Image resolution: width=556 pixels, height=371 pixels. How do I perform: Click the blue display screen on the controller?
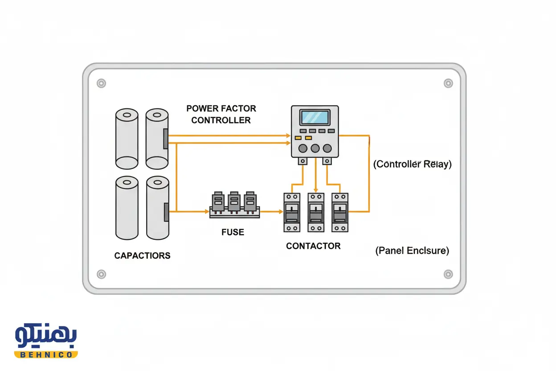point(315,117)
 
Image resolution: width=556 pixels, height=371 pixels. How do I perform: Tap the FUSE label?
point(233,232)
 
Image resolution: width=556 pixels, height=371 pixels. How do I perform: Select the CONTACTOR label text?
point(313,246)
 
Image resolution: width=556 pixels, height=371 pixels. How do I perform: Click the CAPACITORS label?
point(142,256)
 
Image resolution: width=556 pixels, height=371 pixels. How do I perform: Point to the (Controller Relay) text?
point(412,164)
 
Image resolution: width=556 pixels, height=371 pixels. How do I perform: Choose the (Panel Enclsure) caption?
point(412,251)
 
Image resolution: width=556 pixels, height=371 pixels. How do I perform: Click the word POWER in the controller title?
point(202,108)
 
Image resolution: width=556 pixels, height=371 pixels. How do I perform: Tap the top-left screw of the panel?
point(101,83)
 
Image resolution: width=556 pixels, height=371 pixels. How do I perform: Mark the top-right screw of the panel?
point(448,83)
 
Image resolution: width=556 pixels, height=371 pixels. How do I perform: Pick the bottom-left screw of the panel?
point(101,274)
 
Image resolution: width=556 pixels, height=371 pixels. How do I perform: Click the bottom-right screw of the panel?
point(448,274)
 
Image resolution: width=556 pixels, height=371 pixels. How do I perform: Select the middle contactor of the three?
point(316,212)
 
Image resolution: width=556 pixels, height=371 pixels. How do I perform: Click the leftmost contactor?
point(292,212)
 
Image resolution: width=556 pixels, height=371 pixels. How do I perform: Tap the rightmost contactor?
point(340,212)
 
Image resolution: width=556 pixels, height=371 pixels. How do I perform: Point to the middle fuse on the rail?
point(234,203)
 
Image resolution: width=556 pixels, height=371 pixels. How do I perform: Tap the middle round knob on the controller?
point(315,148)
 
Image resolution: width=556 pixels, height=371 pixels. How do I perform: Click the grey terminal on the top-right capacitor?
point(166,139)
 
